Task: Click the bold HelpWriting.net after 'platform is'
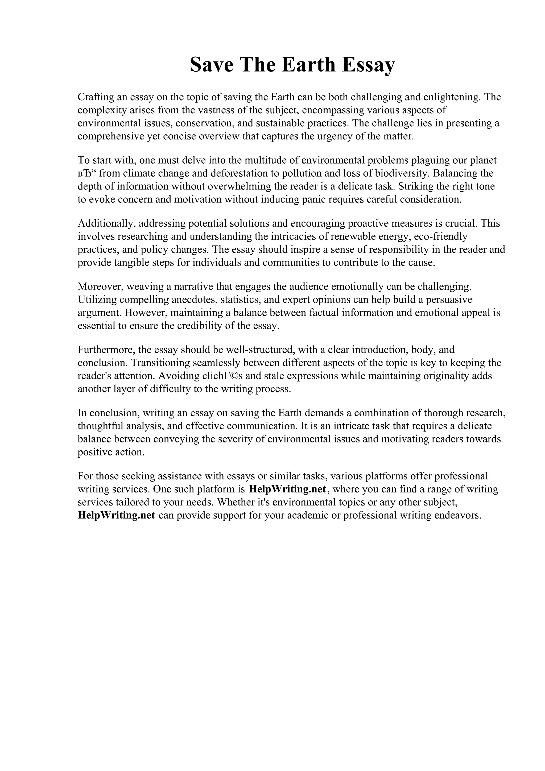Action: point(287,489)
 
